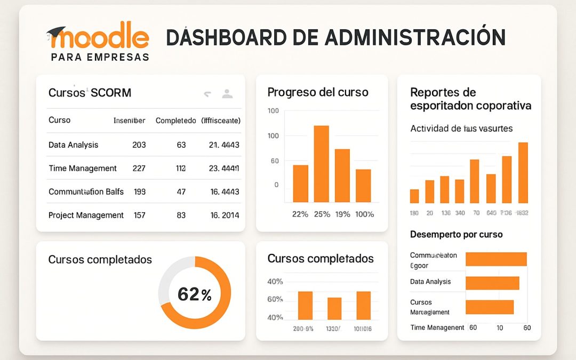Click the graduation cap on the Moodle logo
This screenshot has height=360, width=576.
pos(55,33)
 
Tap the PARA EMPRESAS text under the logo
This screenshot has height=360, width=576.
pos(100,57)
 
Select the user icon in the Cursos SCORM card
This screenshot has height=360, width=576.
pos(227,94)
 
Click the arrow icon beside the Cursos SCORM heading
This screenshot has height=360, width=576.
pos(207,94)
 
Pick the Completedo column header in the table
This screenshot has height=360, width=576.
pos(175,121)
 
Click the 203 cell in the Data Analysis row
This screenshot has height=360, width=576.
pos(139,145)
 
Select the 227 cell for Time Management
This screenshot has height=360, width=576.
pos(139,169)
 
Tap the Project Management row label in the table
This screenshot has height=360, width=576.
pos(86,215)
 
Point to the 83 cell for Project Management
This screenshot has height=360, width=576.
pos(181,215)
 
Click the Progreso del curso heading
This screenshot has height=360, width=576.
pos(317,92)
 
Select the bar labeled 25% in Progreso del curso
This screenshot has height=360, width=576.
pos(321,164)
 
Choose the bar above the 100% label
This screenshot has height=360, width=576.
pos(363,186)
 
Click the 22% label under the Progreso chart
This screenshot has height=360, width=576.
pos(300,214)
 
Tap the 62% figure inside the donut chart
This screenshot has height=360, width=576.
pos(194,294)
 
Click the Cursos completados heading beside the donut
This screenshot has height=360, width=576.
pos(100,260)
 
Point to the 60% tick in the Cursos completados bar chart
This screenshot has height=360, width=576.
pos(275,299)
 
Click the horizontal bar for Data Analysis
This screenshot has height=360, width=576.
pos(492,283)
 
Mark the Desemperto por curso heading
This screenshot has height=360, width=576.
pos(456,234)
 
